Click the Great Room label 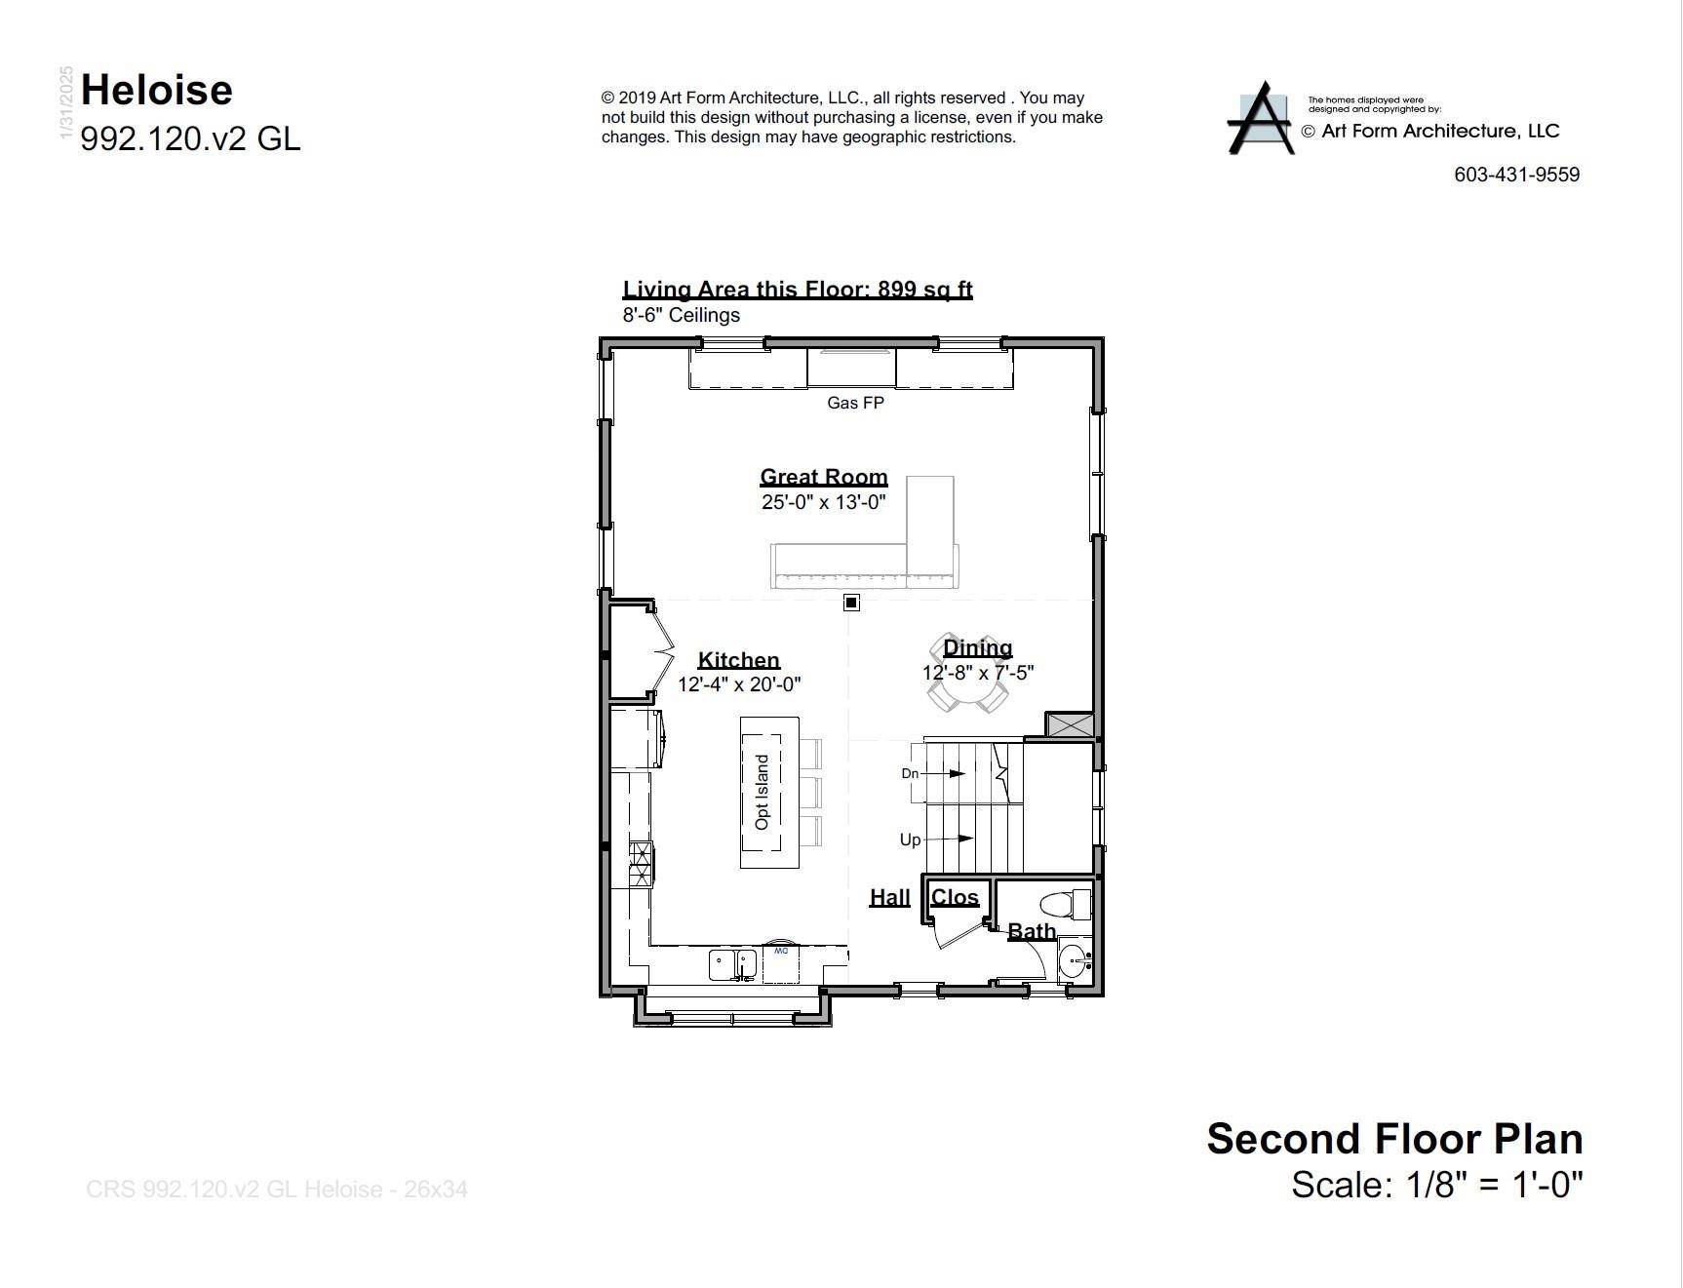pos(824,477)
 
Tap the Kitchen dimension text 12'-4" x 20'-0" pos(739,684)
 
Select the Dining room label pos(977,648)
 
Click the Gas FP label pos(855,403)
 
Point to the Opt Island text pos(763,792)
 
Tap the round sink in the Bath pos(1073,960)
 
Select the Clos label pos(955,897)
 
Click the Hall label pos(889,897)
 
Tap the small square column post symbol pos(851,603)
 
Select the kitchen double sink pos(732,963)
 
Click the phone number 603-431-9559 pos(1516,175)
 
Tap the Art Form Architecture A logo pos(1262,119)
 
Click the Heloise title pos(157,91)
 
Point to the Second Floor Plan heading pos(1394,1139)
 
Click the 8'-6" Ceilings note pos(681,315)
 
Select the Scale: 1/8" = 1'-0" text pos(1436,1185)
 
